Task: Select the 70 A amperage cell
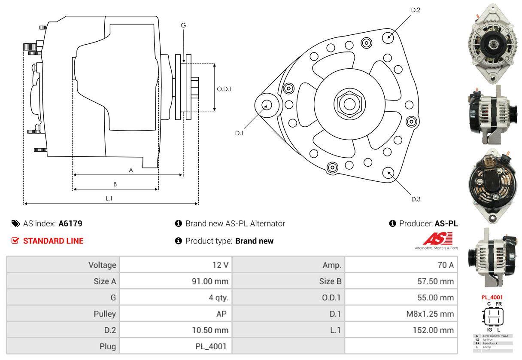445,265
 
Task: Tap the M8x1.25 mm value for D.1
430,314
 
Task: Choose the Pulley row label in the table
105,314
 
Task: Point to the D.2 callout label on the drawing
415,10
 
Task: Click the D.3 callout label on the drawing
416,199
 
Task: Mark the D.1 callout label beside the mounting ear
239,133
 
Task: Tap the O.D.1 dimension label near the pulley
224,89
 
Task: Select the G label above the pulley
183,25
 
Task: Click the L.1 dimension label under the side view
109,198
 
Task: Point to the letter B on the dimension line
115,184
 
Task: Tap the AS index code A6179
70,223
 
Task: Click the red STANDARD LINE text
53,241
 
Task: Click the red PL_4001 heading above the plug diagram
492,297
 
